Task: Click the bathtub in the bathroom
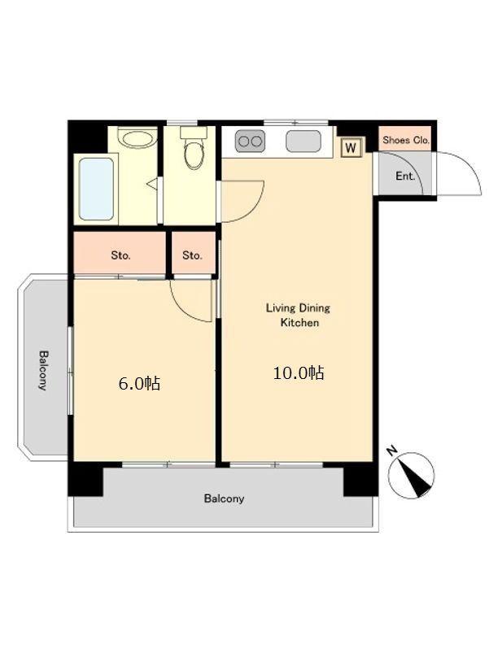pos(96,189)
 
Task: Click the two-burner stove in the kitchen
pos(250,142)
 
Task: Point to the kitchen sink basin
pos(303,142)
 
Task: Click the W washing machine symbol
pos(351,147)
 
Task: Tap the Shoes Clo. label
pos(406,140)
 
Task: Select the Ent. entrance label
pos(405,176)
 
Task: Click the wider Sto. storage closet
pos(120,253)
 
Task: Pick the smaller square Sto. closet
pos(194,253)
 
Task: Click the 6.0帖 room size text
pos(139,384)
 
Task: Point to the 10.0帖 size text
pos(298,373)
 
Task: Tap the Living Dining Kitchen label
pos(298,315)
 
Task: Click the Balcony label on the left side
pos(43,370)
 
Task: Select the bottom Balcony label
pos(224,499)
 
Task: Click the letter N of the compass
pos(391,451)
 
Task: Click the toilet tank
pos(194,133)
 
